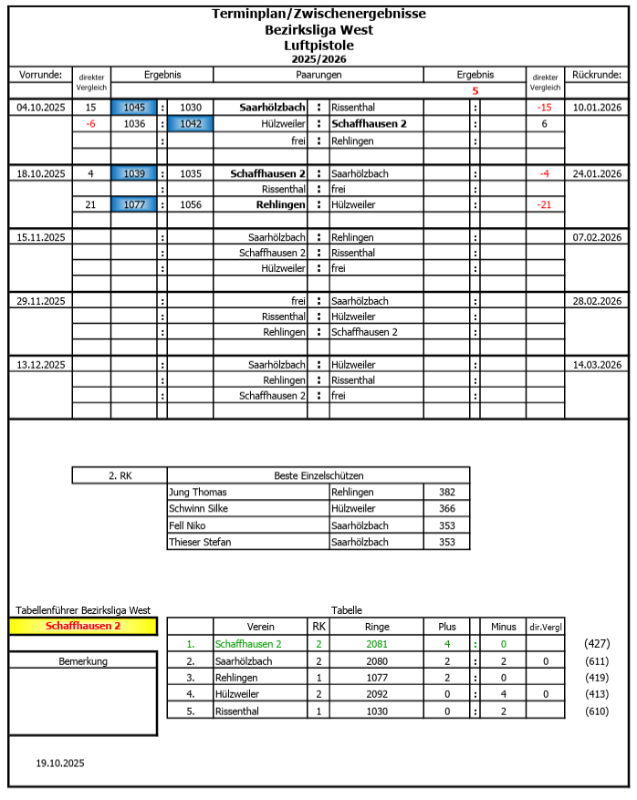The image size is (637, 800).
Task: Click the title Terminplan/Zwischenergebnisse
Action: pyautogui.click(x=318, y=14)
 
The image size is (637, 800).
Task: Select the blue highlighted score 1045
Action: pyautogui.click(x=134, y=108)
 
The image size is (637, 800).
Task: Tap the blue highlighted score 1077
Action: pyautogui.click(x=134, y=205)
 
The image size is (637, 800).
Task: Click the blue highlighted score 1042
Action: pyautogui.click(x=191, y=124)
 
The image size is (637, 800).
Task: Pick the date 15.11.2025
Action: pyautogui.click(x=41, y=237)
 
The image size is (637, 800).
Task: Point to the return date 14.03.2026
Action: pyautogui.click(x=597, y=365)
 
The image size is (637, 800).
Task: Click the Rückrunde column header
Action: pyautogui.click(x=597, y=75)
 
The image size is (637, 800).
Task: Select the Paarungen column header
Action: pyautogui.click(x=318, y=75)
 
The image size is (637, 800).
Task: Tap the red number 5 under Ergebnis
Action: pyautogui.click(x=475, y=91)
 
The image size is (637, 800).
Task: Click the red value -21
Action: pyautogui.click(x=545, y=205)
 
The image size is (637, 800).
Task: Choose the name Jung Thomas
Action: pyautogui.click(x=198, y=493)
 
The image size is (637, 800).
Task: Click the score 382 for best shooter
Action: pyautogui.click(x=446, y=493)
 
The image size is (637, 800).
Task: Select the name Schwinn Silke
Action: pyautogui.click(x=198, y=509)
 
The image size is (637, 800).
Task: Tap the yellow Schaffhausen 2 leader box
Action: pyautogui.click(x=83, y=627)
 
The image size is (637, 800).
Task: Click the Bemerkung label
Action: pyautogui.click(x=83, y=660)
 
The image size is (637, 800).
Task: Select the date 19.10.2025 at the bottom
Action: pyautogui.click(x=60, y=763)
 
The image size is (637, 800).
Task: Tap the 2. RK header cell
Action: pyautogui.click(x=120, y=475)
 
